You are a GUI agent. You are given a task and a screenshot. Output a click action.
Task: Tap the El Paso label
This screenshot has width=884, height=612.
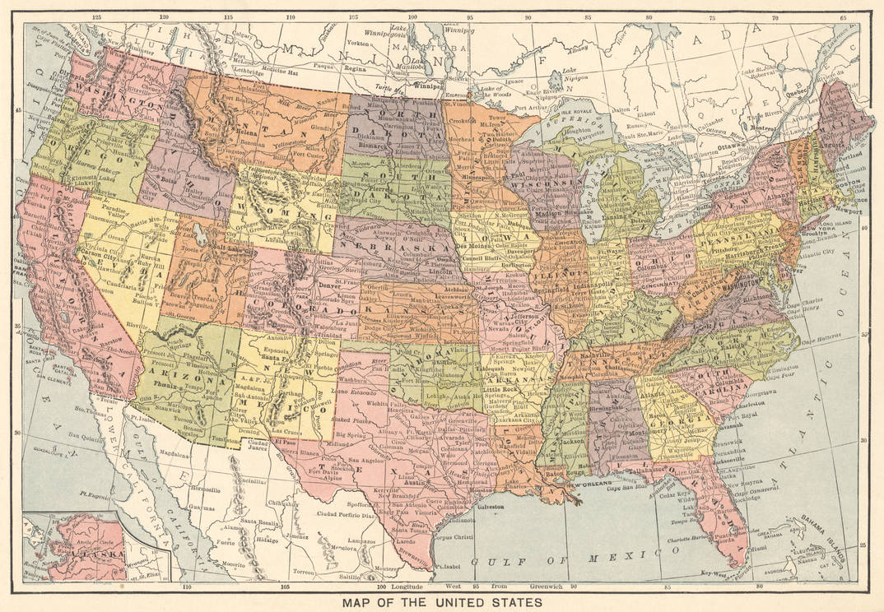(x=286, y=442)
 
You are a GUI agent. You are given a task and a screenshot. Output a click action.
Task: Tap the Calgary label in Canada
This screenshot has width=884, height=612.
(x=243, y=35)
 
